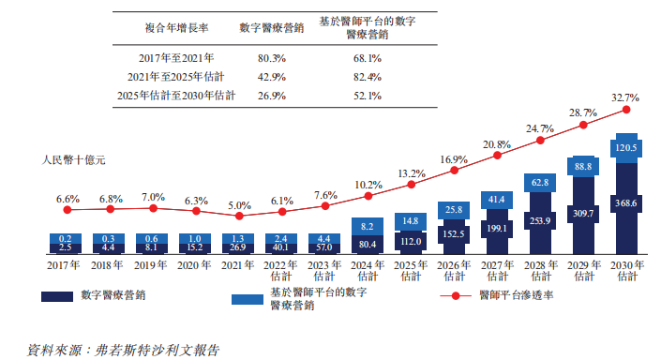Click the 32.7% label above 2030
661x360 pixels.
tap(625, 97)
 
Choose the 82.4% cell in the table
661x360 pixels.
tap(367, 77)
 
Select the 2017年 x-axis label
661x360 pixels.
tap(65, 266)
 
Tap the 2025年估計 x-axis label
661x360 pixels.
tap(410, 272)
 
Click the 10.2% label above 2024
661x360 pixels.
tap(368, 185)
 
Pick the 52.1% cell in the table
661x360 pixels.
tap(367, 96)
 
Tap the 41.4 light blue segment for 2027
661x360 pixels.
tap(496, 200)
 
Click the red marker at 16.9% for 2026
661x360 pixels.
tap(454, 171)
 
